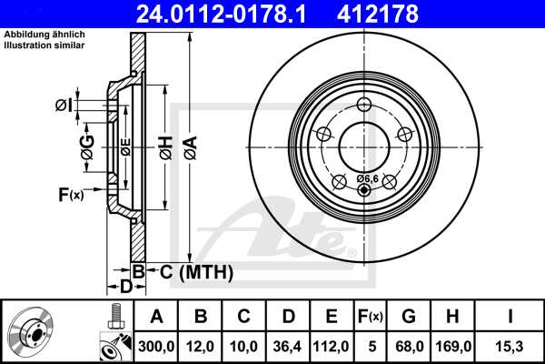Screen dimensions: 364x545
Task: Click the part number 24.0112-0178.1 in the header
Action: click(x=213, y=14)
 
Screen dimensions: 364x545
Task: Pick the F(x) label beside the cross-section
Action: click(x=70, y=194)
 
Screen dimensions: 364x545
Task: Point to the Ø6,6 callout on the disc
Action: click(x=367, y=178)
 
